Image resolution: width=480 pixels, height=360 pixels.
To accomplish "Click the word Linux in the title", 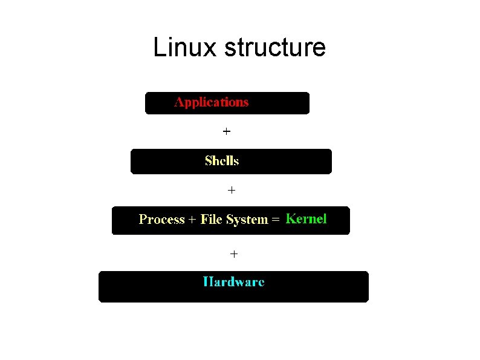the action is pyautogui.click(x=185, y=47).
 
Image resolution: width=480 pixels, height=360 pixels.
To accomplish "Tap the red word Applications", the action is pyautogui.click(x=212, y=102).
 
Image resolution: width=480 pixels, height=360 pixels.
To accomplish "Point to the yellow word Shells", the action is pyautogui.click(x=222, y=161).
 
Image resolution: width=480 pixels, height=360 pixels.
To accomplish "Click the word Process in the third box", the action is pyautogui.click(x=161, y=220).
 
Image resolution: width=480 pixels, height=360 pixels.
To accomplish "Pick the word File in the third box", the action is pyautogui.click(x=212, y=220).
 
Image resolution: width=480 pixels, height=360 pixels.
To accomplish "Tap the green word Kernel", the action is pyautogui.click(x=306, y=219).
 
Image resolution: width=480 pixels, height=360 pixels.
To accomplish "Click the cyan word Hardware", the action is pyautogui.click(x=233, y=282).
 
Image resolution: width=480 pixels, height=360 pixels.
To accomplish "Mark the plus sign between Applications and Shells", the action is pyautogui.click(x=226, y=131).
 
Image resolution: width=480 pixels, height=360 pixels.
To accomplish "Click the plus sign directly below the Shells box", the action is pyautogui.click(x=231, y=190).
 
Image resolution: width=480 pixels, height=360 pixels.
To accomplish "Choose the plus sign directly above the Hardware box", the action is pyautogui.click(x=234, y=254).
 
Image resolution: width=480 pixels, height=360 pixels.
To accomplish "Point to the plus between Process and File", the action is pyautogui.click(x=192, y=220).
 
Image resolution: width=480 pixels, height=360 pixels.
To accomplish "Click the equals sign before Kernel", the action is pyautogui.click(x=275, y=220).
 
